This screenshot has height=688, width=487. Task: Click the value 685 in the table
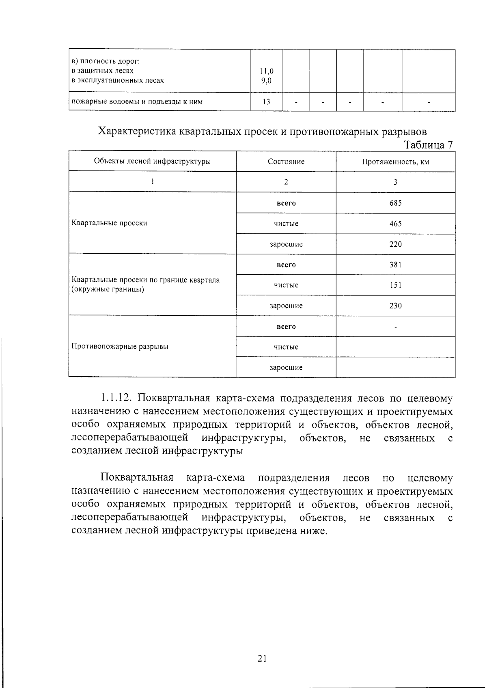click(395, 203)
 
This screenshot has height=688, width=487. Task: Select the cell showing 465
click(395, 224)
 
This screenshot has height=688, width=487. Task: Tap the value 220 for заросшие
click(395, 244)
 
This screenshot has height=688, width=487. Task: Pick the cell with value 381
click(395, 265)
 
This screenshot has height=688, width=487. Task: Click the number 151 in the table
click(395, 285)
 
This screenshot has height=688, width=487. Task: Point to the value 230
click(395, 306)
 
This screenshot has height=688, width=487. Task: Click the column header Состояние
click(286, 162)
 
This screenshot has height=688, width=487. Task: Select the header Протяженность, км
click(395, 162)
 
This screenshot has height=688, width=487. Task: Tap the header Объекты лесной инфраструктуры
click(152, 161)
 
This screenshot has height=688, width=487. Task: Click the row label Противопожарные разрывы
click(120, 346)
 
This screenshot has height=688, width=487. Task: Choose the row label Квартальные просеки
click(109, 223)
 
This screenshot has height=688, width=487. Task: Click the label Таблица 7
click(428, 145)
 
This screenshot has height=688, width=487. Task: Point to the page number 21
click(262, 658)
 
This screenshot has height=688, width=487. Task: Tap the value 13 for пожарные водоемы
click(266, 101)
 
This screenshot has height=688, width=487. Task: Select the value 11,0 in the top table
click(266, 71)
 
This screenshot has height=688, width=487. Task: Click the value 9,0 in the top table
click(266, 80)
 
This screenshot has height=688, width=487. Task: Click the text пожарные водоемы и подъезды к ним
click(137, 101)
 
